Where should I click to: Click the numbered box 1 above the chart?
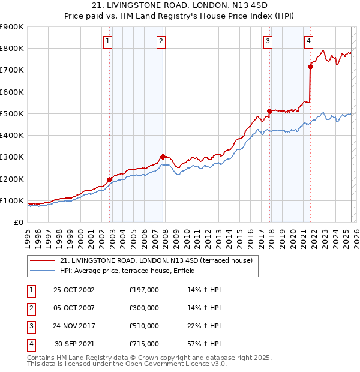[107, 41]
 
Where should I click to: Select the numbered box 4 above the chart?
[308, 41]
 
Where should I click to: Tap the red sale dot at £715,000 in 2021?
[311, 67]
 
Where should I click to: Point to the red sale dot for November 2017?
[269, 111]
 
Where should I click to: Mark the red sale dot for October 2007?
[163, 157]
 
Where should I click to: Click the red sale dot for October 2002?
[110, 179]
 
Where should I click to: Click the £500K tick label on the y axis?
[11, 113]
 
